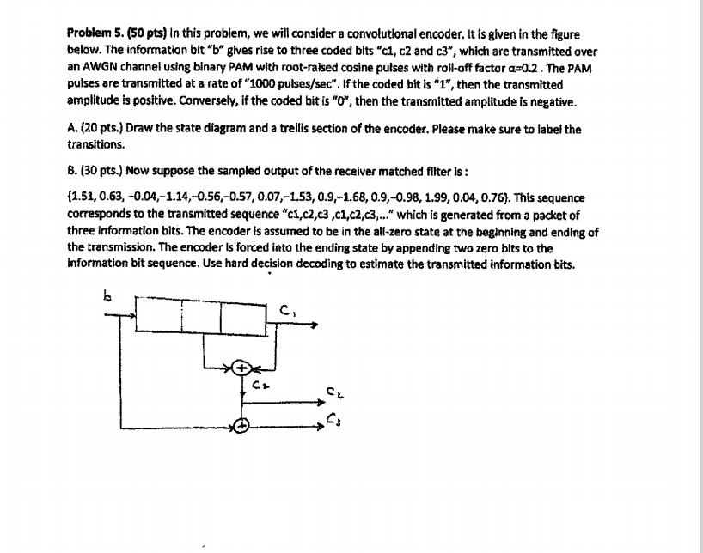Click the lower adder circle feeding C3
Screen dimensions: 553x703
pos(242,425)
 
